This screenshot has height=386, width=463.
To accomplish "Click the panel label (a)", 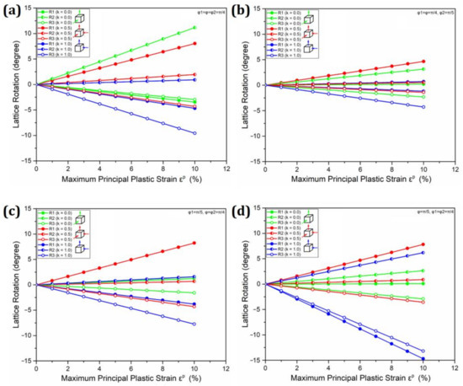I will point(11,13).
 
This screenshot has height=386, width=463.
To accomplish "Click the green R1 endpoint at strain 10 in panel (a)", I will point(195,28).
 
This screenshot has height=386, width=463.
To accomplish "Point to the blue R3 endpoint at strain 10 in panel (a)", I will point(195,133).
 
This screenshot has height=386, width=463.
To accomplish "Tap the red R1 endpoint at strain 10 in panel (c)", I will point(195,243).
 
